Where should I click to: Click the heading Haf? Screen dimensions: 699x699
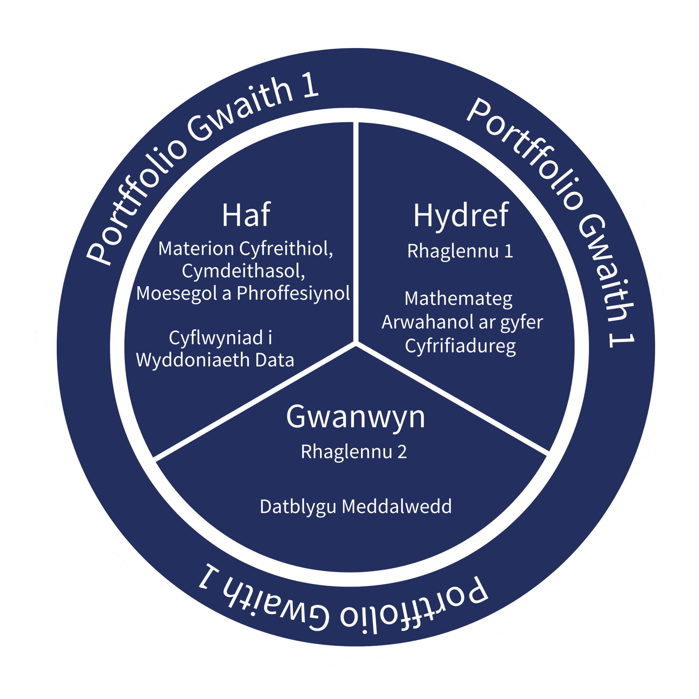point(246,216)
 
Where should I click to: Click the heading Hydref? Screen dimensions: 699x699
point(461,216)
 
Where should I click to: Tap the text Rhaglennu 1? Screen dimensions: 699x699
point(460,251)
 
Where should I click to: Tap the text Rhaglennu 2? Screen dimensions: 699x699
point(354,452)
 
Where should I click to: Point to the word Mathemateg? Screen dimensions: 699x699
point(458,299)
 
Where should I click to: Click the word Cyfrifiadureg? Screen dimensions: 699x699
point(460,346)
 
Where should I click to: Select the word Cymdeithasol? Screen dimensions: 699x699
point(243,271)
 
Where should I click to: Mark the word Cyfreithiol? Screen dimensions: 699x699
point(286,249)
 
